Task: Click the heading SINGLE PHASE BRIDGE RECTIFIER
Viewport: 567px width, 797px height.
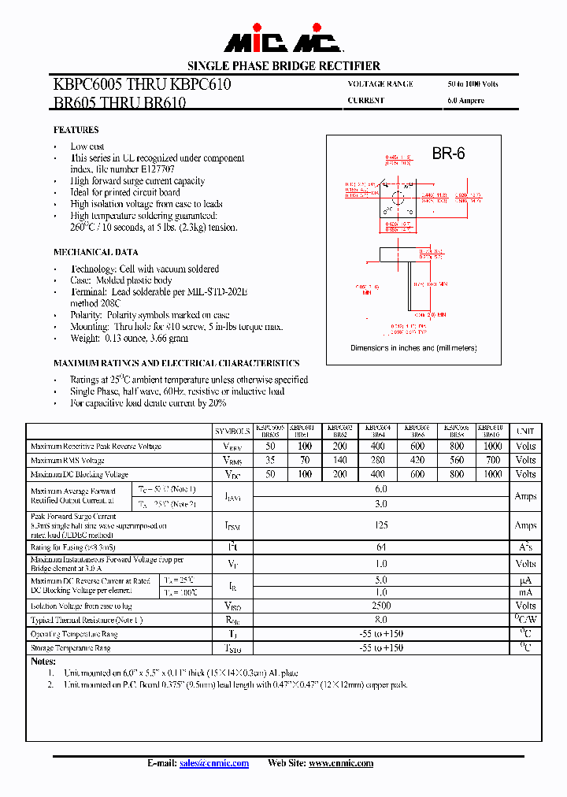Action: [283, 66]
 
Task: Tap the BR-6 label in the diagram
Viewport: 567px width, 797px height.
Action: [448, 154]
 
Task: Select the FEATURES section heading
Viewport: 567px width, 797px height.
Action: [76, 130]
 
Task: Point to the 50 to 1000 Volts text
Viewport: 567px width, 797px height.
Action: [472, 84]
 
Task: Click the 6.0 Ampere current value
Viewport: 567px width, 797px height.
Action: [465, 101]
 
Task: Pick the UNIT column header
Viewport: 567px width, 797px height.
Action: [525, 432]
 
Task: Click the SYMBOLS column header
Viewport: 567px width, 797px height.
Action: [232, 432]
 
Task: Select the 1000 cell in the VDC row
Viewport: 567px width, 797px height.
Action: [492, 474]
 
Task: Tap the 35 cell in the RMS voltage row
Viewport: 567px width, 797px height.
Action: [271, 460]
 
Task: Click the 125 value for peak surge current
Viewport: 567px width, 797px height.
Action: [380, 525]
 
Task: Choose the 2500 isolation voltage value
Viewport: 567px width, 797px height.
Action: [380, 606]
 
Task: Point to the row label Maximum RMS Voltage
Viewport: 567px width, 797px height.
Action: [68, 460]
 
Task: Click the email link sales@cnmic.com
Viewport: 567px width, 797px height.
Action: [214, 763]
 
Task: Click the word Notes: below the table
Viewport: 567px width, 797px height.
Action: [43, 662]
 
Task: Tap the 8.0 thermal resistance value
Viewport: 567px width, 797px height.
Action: [380, 620]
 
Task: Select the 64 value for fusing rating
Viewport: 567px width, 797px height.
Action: [380, 547]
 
